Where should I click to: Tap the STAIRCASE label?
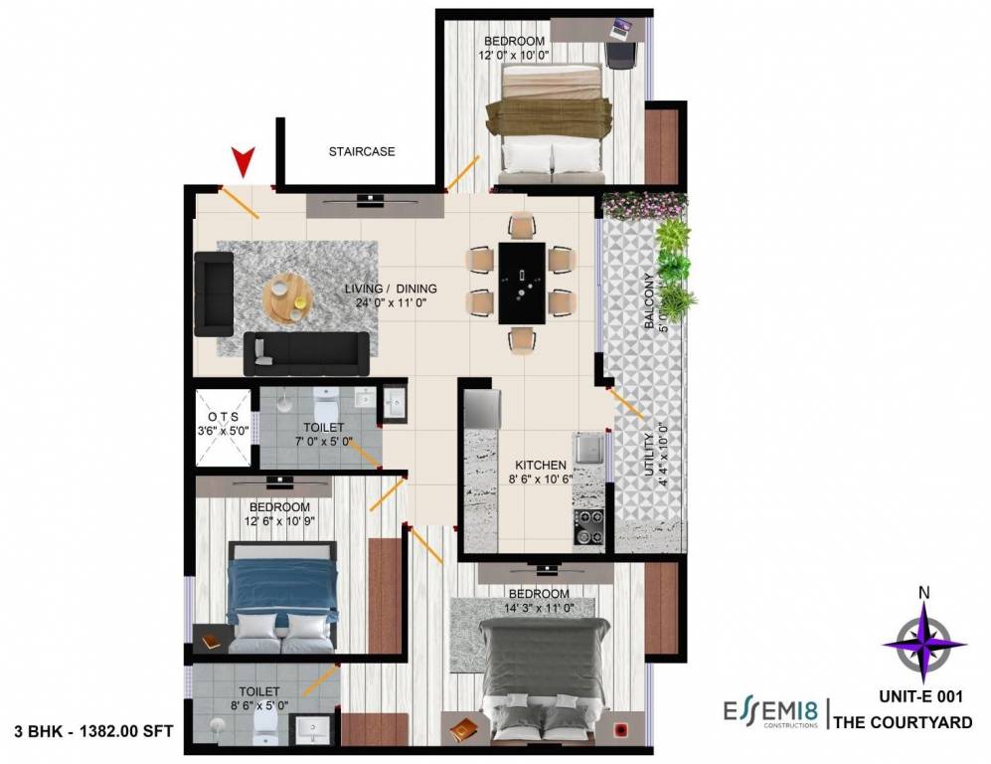pyautogui.click(x=362, y=152)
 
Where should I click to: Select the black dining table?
pyautogui.click(x=521, y=283)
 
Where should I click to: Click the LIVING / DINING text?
pyautogui.click(x=391, y=289)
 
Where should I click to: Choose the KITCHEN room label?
pyautogui.click(x=541, y=465)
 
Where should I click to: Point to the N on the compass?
pyautogui.click(x=924, y=594)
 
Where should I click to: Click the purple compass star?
pyautogui.click(x=924, y=644)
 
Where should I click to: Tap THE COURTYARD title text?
pyautogui.click(x=902, y=723)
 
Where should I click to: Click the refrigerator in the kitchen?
pyautogui.click(x=481, y=408)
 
